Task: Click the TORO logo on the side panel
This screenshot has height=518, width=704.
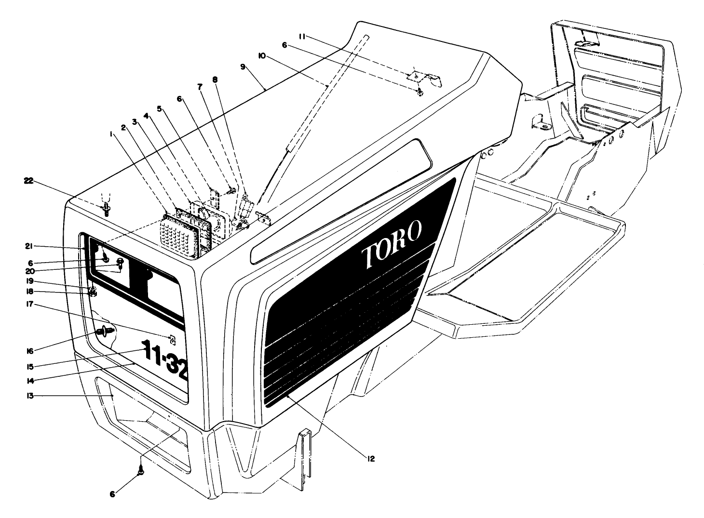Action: point(393,244)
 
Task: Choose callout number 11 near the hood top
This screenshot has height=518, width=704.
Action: point(302,36)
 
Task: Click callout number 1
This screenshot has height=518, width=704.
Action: point(111,135)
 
